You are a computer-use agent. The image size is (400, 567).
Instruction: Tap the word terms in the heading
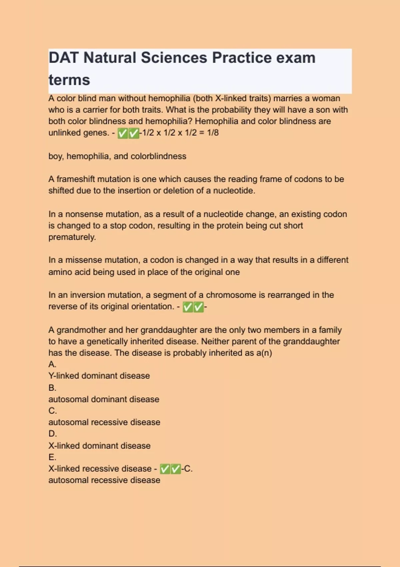tap(69, 80)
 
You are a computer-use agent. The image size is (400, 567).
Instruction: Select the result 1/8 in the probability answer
tap(213, 133)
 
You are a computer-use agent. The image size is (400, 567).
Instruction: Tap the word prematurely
tap(72, 237)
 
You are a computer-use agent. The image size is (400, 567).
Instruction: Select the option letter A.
tap(52, 364)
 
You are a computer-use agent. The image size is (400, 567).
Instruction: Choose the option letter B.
tap(52, 388)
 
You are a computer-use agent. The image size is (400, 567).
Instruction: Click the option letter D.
tap(52, 434)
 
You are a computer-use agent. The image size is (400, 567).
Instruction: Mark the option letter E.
tap(52, 457)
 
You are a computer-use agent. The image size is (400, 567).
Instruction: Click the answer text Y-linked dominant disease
tap(99, 376)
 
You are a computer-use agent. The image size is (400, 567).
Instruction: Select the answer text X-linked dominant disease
tap(99, 446)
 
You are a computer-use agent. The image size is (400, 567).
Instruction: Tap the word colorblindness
tap(158, 156)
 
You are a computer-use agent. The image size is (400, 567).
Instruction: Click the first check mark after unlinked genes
tap(123, 133)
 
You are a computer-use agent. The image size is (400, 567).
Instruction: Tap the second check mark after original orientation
tap(198, 307)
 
